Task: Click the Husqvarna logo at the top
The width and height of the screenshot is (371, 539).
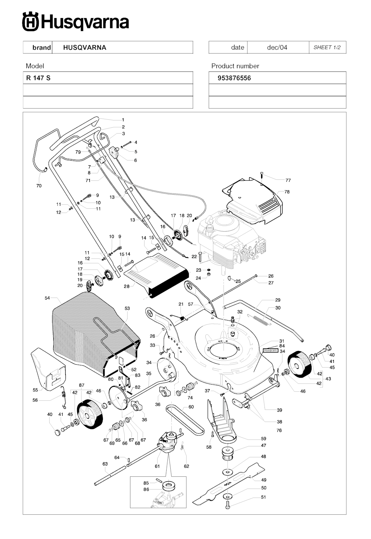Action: tap(75, 22)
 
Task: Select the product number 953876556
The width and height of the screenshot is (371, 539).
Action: tap(234, 78)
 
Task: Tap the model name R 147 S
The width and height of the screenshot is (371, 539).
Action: tap(38, 78)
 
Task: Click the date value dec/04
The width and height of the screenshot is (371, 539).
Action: tap(277, 47)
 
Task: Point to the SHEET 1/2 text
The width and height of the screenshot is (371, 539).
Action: tap(327, 47)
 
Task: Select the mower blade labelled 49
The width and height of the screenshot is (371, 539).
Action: tap(228, 484)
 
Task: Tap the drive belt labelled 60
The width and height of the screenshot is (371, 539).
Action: tap(185, 421)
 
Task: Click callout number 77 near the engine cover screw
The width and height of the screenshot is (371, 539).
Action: tap(288, 180)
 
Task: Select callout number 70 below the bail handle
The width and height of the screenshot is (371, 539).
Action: tap(39, 186)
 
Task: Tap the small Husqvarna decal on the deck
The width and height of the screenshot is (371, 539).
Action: tap(271, 350)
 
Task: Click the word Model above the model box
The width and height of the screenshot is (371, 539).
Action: tap(35, 66)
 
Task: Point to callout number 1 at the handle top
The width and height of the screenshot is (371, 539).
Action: tap(123, 120)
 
